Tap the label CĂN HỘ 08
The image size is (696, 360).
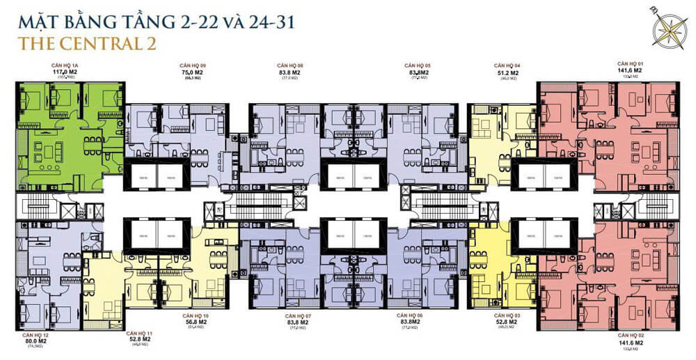(290, 65)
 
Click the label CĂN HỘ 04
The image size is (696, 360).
(506, 65)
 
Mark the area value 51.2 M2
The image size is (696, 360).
(506, 72)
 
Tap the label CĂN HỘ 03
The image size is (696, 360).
(506, 315)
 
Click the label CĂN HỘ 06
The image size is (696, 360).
(418, 315)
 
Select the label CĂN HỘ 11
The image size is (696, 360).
(139, 334)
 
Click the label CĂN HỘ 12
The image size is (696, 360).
(36, 336)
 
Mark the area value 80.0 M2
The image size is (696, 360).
(36, 342)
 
